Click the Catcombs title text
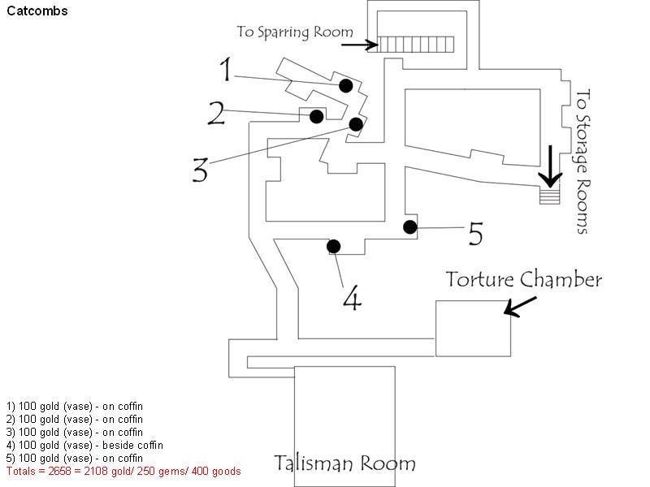pos(37,12)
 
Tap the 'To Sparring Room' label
pos(295,32)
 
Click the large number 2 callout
pos(216,113)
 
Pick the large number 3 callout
pos(201,170)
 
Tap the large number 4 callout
pos(351,298)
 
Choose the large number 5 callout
pos(475,234)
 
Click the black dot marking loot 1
pos(345,85)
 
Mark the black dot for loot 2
pos(317,117)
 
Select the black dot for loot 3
pos(356,124)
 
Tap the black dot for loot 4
pos(333,246)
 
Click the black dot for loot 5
pos(410,227)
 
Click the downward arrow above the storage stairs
pos(552,166)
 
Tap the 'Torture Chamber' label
pos(524,280)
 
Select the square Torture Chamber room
pos(473,328)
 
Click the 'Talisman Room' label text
pos(344,464)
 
